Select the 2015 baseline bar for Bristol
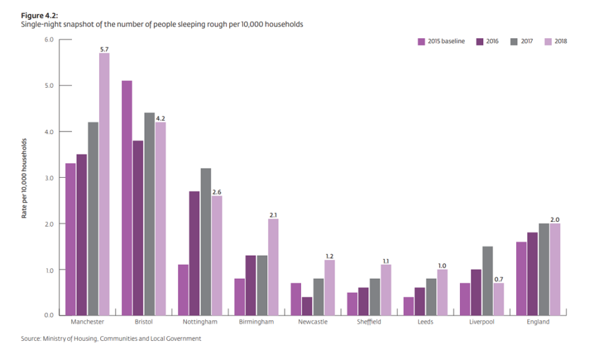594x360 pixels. (x=127, y=198)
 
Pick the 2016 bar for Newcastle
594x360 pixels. (x=307, y=306)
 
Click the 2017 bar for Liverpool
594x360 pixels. (x=488, y=281)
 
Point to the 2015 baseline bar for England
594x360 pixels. (x=521, y=278)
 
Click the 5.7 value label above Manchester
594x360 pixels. (x=104, y=48)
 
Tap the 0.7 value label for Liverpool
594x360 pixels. (x=499, y=278)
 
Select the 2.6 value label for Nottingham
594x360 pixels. (x=216, y=192)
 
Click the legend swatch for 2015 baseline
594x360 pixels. (x=420, y=42)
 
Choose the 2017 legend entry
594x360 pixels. (x=521, y=42)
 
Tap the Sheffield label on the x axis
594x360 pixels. (x=369, y=322)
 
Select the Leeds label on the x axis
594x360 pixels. (x=426, y=322)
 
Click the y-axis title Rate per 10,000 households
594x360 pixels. (x=24, y=178)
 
